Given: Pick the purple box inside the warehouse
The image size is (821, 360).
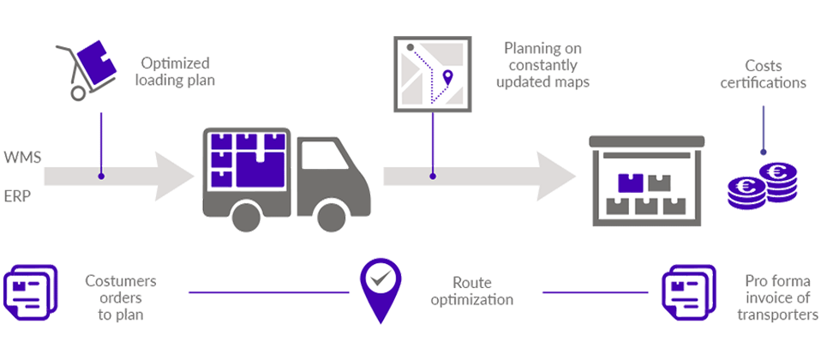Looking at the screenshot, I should pyautogui.click(x=631, y=182).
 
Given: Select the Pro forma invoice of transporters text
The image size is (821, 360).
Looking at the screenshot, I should pyautogui.click(x=776, y=297).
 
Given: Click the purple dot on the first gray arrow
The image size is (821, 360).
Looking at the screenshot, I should pyautogui.click(x=101, y=177).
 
